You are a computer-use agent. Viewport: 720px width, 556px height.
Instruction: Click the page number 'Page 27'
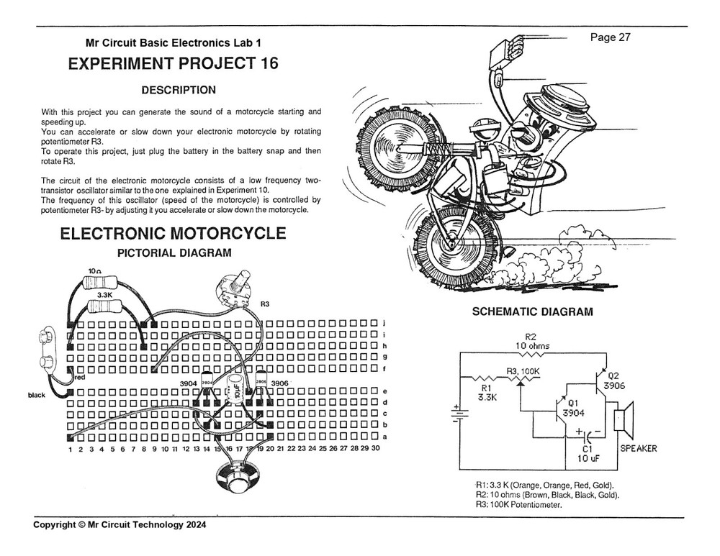point(610,38)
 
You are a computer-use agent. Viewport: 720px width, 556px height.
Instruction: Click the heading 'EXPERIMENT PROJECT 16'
point(173,64)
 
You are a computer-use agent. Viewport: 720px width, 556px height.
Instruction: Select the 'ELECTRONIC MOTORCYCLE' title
point(173,234)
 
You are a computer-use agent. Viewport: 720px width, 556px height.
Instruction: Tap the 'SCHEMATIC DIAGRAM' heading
point(532,312)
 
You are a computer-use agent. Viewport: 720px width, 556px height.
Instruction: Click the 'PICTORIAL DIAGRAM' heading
point(174,252)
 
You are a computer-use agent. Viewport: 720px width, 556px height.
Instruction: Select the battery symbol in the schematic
point(456,413)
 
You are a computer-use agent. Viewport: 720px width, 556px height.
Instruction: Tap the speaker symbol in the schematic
point(621,419)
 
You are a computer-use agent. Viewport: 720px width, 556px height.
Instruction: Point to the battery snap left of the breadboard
point(47,348)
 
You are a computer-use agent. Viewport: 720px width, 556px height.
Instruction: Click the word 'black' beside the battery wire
point(36,395)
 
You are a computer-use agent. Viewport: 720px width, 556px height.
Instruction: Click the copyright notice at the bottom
point(120,525)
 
